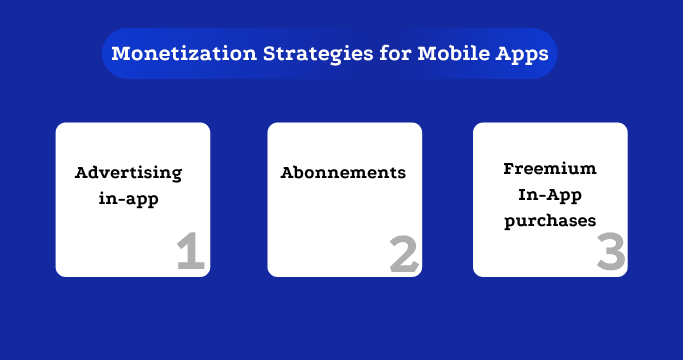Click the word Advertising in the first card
tap(129, 173)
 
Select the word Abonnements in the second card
tap(343, 173)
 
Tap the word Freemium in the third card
tap(549, 168)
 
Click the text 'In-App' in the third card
tap(550, 193)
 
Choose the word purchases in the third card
tap(550, 219)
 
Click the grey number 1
tap(190, 253)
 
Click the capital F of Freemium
tap(508, 168)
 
